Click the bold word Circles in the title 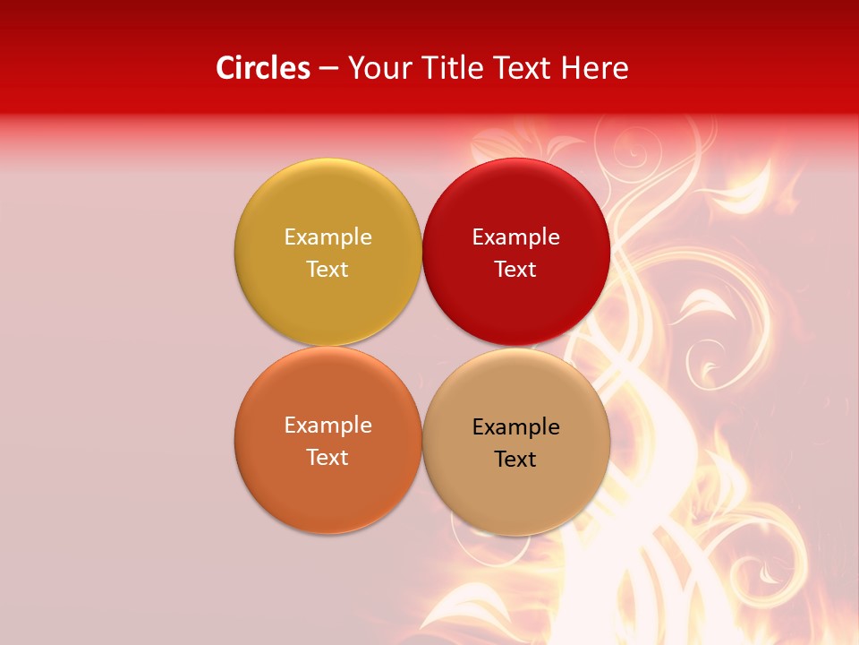263,68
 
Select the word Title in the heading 456,68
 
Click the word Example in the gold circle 327,237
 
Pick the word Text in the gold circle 327,270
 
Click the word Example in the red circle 515,237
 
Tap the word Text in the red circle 515,270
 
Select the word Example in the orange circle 327,426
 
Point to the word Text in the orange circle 327,458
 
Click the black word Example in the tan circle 515,427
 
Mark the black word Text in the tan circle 515,460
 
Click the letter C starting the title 225,68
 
